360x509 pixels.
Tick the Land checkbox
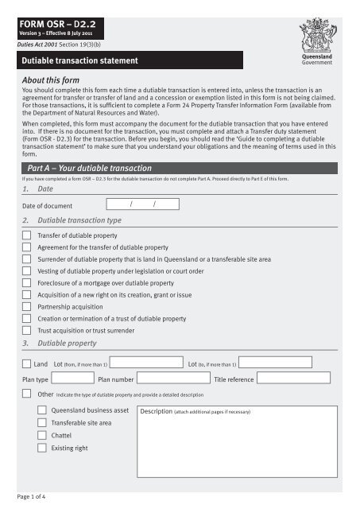27,363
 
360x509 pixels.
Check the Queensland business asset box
42,410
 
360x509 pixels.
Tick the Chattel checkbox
42,436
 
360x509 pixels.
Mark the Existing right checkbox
42,449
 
